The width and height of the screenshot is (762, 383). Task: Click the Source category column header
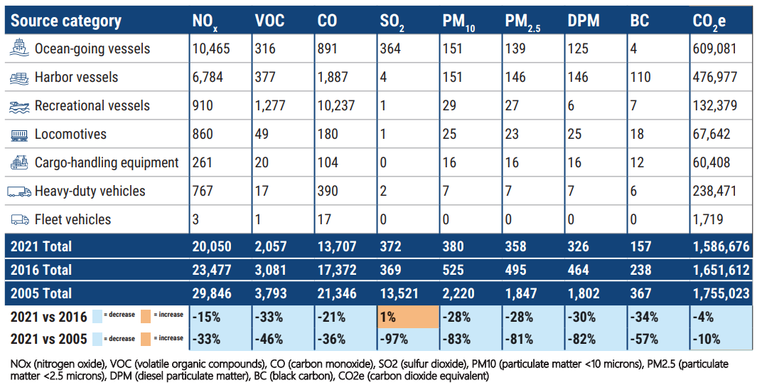tap(66, 21)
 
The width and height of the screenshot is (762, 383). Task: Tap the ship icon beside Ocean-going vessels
tap(19, 48)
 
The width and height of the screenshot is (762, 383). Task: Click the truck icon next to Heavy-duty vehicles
tap(19, 191)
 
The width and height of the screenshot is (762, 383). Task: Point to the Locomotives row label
tap(70, 134)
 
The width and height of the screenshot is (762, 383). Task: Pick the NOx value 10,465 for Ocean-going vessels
tap(212, 48)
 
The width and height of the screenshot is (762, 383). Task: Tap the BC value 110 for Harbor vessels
tap(640, 77)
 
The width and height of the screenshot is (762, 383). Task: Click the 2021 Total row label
tap(41, 246)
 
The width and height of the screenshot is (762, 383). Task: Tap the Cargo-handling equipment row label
tap(107, 162)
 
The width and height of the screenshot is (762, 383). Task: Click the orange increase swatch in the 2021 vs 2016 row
tap(147, 315)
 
